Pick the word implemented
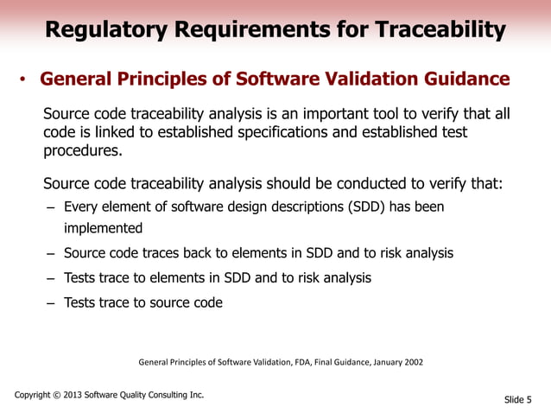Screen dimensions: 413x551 pyautogui.click(x=103, y=229)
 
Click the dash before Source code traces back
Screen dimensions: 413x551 pyautogui.click(x=51, y=254)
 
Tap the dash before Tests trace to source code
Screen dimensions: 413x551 pyautogui.click(x=51, y=303)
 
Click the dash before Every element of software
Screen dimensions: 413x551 pyautogui.click(x=51, y=208)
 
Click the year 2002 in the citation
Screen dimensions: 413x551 pyautogui.click(x=411, y=363)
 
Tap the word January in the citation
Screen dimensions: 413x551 pyautogui.click(x=377, y=363)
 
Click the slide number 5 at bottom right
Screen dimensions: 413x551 pyautogui.click(x=529, y=399)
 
